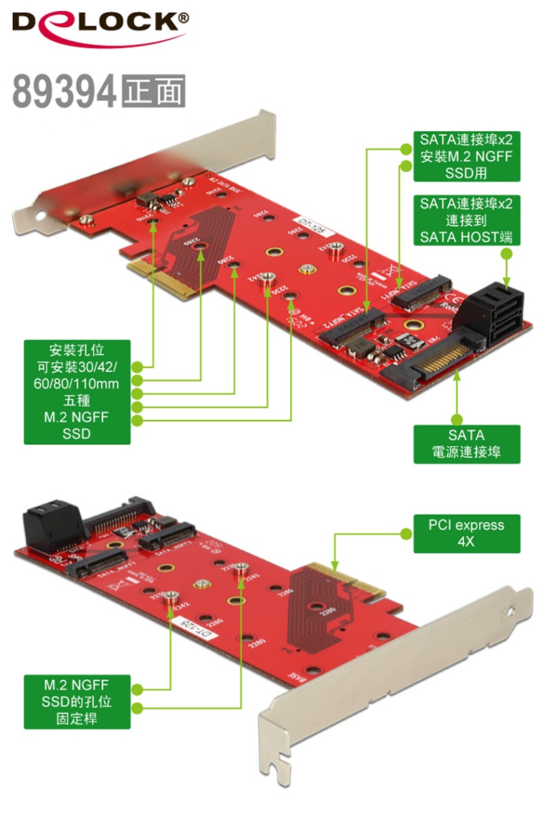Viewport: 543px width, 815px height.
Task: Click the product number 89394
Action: click(64, 92)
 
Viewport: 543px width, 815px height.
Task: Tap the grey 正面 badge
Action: click(153, 92)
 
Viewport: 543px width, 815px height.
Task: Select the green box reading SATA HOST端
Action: click(466, 221)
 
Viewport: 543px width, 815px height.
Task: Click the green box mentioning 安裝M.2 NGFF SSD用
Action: click(466, 157)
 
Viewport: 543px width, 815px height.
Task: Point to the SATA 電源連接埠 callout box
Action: click(466, 444)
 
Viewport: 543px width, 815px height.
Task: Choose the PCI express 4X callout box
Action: click(466, 534)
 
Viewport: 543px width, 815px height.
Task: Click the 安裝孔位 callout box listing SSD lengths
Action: click(76, 392)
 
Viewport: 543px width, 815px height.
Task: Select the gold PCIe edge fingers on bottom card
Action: click(337, 581)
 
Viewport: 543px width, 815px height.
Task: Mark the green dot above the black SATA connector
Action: click(506, 254)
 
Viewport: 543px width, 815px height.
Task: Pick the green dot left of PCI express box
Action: click(405, 534)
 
